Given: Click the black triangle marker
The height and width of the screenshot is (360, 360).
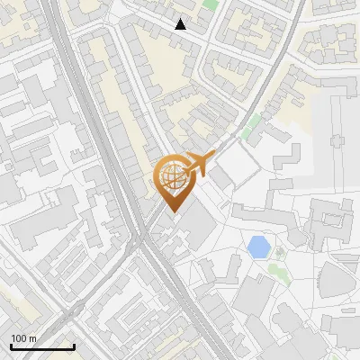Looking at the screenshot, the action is [181, 24].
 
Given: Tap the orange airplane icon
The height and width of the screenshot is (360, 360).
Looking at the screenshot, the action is [197, 165].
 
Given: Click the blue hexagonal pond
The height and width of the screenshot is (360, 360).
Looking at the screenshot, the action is [258, 245].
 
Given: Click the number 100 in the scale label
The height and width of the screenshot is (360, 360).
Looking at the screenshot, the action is [19, 338].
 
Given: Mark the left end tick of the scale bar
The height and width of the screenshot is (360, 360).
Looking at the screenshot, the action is [10, 346].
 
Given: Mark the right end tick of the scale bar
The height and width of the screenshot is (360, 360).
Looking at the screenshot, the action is [74, 346].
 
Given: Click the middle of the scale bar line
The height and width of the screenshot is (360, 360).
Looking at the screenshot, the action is [41, 347].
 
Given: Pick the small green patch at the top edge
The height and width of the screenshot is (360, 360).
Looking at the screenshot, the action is [211, 4].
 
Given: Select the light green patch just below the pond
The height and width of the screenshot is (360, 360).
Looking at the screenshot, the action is [279, 253].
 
